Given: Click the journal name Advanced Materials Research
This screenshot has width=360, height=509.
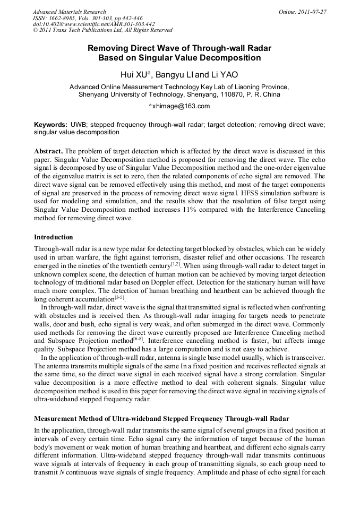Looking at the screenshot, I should coord(70,12).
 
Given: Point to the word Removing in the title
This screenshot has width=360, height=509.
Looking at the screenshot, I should coord(109,48).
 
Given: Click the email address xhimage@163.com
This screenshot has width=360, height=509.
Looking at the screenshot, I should coord(181,106).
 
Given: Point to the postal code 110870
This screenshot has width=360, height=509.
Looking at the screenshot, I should coord(230,95).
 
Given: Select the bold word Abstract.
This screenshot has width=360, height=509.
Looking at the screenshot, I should coord(49,151).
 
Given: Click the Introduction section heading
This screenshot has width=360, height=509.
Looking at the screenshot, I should coord(54,237).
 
